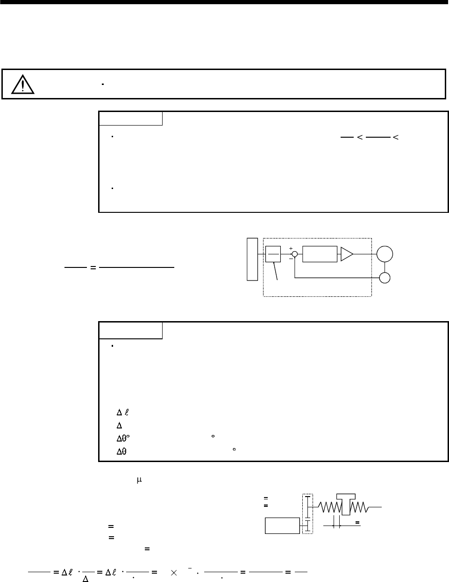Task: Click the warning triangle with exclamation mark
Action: pos(23,84)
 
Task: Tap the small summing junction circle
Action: pos(295,254)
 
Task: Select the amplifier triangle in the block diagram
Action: pos(347,254)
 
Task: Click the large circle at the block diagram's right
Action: pos(385,254)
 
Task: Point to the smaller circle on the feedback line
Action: pos(385,278)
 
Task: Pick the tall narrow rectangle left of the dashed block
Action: pos(252,259)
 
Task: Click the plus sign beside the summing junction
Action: pos(291,249)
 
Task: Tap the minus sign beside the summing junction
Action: pos(291,259)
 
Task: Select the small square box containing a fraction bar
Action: pos(273,254)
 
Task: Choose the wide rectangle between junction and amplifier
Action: pos(320,254)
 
